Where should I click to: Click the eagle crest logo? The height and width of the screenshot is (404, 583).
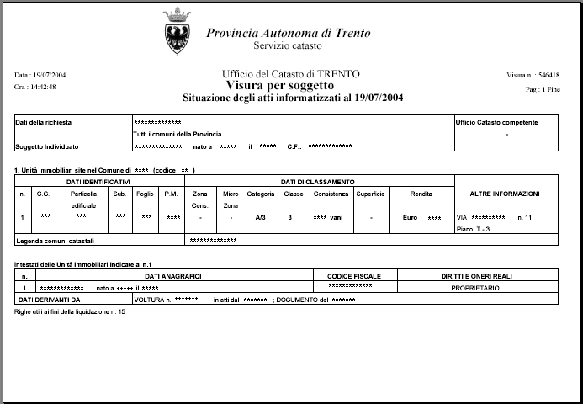tap(178, 31)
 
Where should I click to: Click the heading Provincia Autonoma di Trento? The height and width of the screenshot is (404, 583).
tap(289, 33)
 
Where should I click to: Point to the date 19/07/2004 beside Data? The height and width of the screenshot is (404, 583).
tap(50, 75)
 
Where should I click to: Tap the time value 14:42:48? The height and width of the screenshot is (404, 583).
tap(45, 87)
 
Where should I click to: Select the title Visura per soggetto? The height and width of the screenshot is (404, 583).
tap(280, 86)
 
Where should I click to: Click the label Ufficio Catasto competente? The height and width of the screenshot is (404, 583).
tap(496, 122)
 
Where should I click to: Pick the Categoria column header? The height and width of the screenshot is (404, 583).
tap(261, 194)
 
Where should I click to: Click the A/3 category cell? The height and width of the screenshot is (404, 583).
tap(261, 217)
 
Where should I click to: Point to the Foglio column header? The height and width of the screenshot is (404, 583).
tap(145, 194)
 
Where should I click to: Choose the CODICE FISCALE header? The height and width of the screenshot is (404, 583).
tap(353, 276)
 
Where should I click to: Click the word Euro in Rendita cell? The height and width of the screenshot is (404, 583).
tap(410, 217)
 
